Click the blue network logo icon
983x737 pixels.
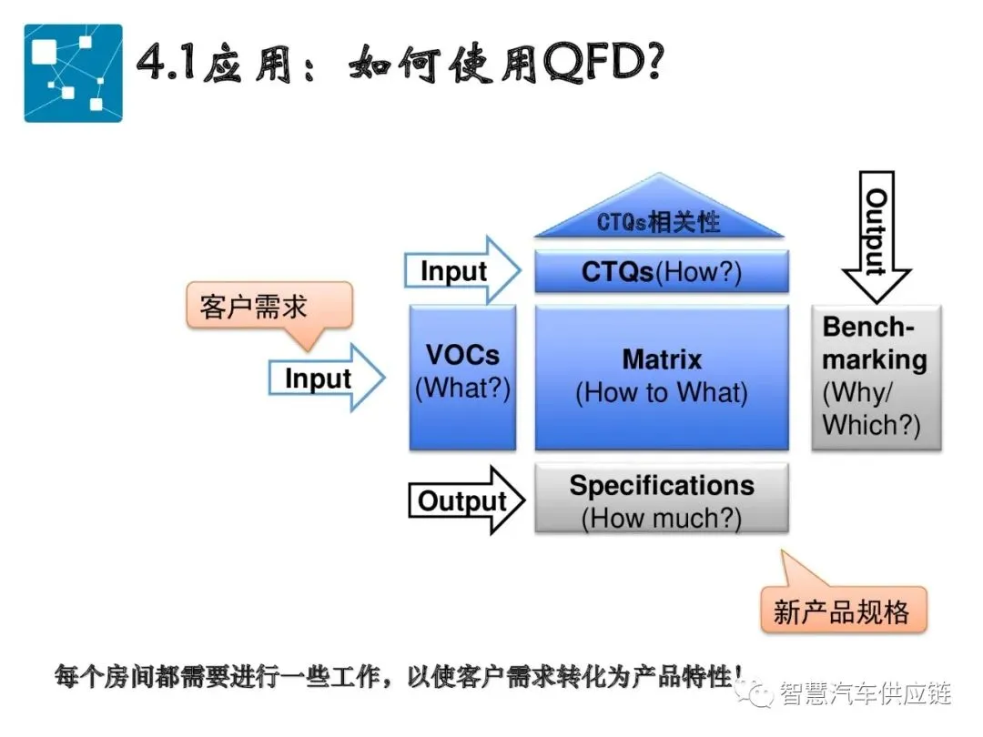coord(73,73)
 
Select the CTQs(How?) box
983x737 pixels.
coord(662,272)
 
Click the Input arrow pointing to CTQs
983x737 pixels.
coord(462,271)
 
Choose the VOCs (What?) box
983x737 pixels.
coord(462,377)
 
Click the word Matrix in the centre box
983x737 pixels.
coord(662,359)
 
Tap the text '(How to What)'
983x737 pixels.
coord(662,393)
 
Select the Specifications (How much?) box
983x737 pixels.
coord(662,500)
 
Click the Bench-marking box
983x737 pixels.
coord(876,377)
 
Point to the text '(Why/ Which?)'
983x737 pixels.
coord(871,409)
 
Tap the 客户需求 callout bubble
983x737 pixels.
coord(267,307)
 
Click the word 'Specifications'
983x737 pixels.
coord(662,486)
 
